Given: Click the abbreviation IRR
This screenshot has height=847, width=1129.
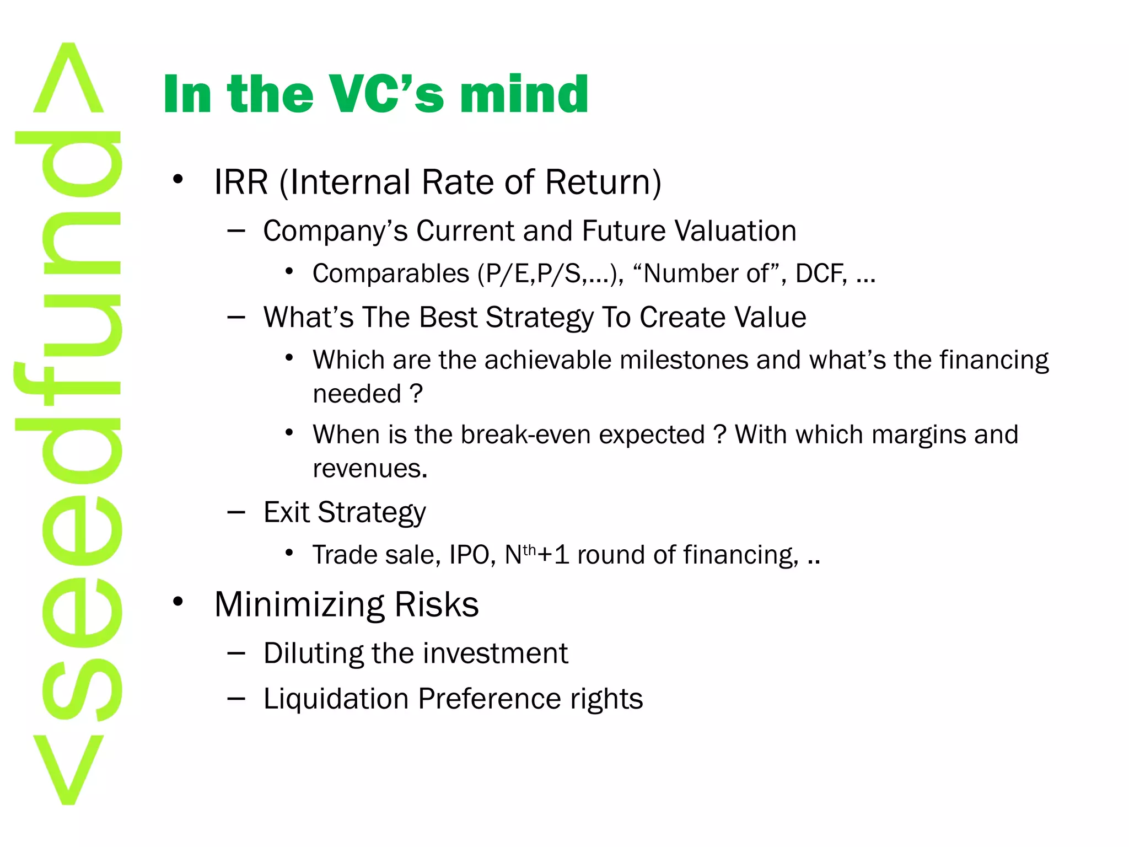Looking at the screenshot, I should point(241,182).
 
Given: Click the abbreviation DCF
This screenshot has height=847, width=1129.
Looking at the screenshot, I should point(821,274).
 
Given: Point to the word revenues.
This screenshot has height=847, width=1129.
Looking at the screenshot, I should point(369,469).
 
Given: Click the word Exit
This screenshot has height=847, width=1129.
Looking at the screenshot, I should point(286,512).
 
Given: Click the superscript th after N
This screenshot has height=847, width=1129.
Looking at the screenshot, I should point(529,550).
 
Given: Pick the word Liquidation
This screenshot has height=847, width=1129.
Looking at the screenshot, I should point(336,699).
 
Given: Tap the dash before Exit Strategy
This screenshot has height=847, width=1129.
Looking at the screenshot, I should point(236,513).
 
